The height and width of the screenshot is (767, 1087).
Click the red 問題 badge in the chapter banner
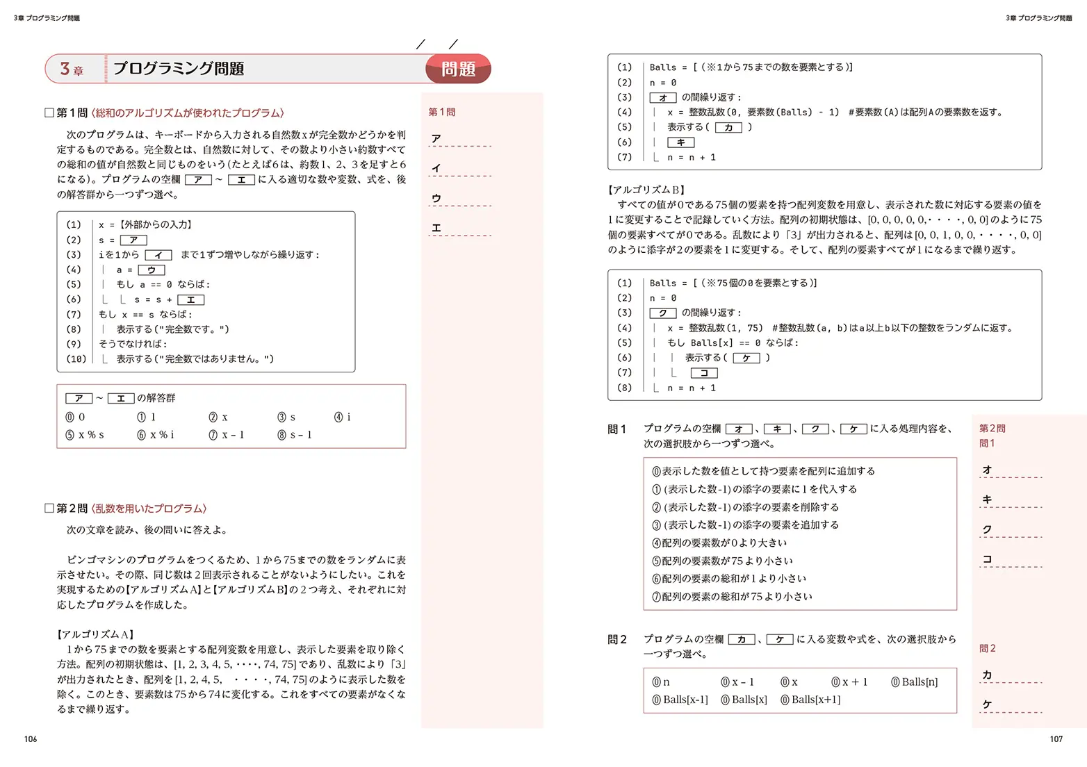click(x=458, y=69)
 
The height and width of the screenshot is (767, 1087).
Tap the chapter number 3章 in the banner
click(x=72, y=69)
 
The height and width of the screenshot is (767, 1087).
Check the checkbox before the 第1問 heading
click(x=49, y=113)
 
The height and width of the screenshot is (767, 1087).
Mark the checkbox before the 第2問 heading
click(x=49, y=508)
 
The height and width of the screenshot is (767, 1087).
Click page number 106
click(x=31, y=739)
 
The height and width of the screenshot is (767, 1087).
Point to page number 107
click(x=1056, y=739)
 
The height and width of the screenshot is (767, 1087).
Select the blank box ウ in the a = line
click(x=152, y=270)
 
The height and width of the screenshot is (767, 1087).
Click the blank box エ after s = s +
click(x=190, y=299)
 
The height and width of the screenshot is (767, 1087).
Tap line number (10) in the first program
click(x=76, y=359)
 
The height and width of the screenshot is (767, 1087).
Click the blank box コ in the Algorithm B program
click(x=703, y=373)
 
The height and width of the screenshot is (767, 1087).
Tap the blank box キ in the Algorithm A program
click(x=680, y=142)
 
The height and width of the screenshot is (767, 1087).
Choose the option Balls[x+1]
click(x=811, y=700)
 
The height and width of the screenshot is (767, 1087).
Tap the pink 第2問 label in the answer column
click(x=992, y=428)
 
